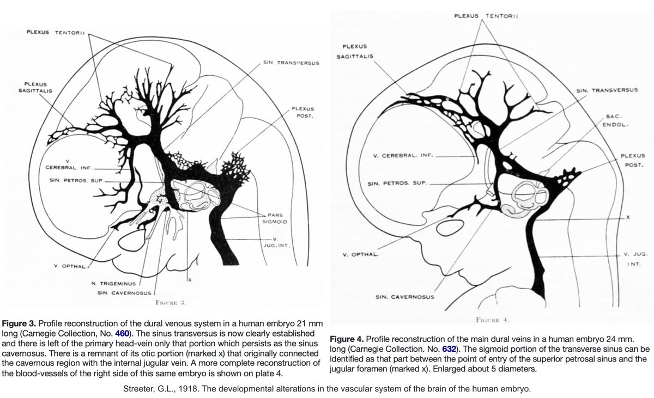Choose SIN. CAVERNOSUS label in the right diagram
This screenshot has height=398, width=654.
click(x=405, y=297)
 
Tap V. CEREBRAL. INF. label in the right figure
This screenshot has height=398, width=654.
click(x=402, y=155)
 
